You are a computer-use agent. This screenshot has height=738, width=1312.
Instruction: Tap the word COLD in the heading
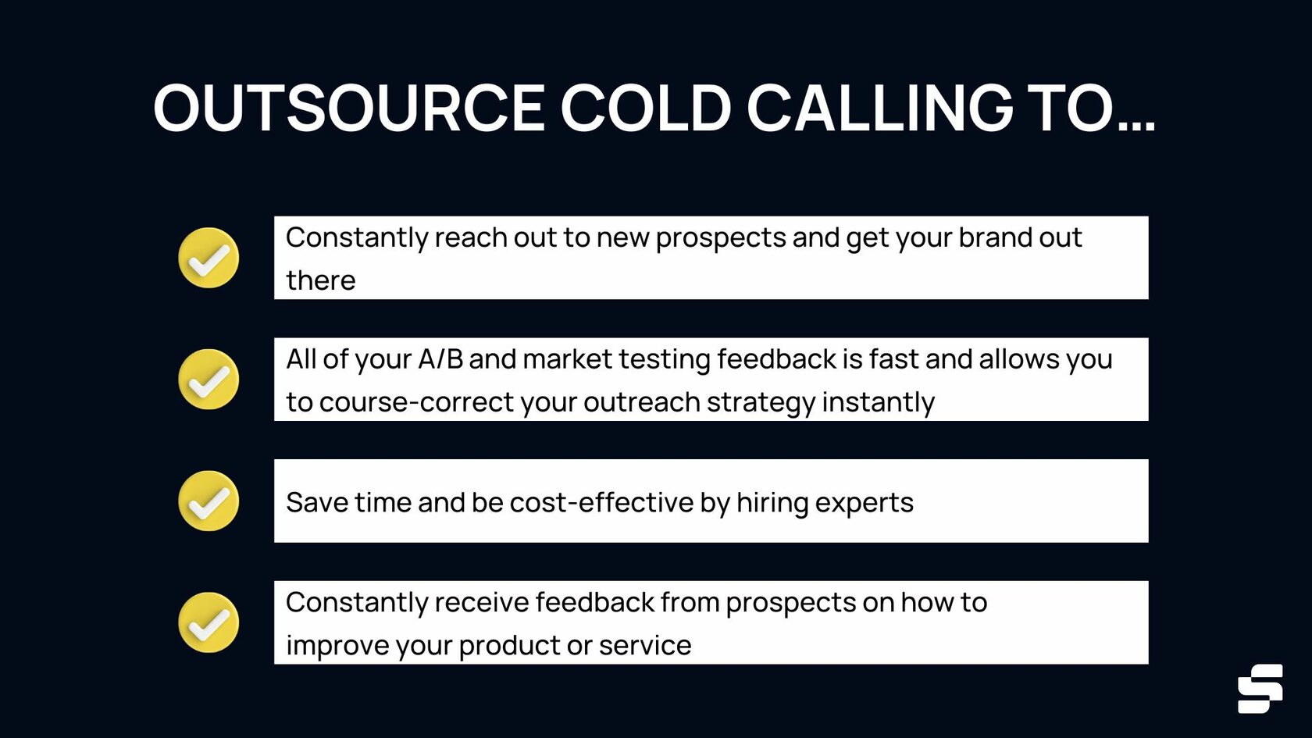645,108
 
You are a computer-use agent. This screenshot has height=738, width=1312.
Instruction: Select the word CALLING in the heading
879,108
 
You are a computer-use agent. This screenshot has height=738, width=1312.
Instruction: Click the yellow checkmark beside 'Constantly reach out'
209,258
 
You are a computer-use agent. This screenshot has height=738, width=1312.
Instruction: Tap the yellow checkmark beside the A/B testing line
209,380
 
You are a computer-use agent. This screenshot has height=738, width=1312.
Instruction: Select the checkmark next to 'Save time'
209,501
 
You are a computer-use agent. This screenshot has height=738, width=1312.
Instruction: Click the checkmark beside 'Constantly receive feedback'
209,622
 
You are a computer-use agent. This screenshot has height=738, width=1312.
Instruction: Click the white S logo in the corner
1260,688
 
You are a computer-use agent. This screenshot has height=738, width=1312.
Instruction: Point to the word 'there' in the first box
320,280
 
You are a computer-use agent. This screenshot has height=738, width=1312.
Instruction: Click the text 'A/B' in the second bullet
440,359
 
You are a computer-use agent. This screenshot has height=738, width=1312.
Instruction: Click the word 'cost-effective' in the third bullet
601,502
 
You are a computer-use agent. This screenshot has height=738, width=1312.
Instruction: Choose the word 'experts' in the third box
864,502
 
